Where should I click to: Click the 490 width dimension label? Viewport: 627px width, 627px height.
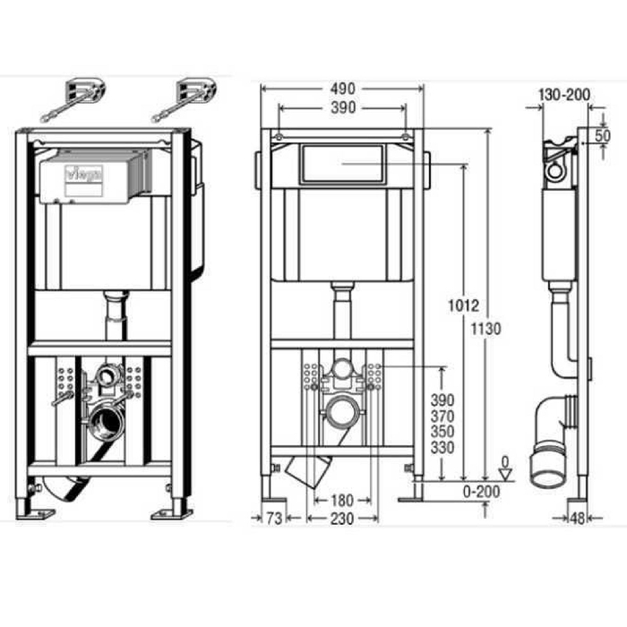tap(343, 89)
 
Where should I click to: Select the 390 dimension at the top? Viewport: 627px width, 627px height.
tap(343, 107)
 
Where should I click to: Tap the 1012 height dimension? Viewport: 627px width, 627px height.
tap(463, 306)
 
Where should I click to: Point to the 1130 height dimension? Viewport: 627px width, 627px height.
tap(485, 329)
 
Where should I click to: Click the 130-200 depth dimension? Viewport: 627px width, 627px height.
tap(564, 95)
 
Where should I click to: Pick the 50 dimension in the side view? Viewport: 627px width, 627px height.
tap(603, 135)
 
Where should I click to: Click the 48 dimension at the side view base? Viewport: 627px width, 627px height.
tap(577, 519)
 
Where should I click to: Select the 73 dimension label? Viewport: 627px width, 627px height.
tap(274, 519)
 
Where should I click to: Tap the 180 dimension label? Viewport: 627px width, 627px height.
tap(342, 500)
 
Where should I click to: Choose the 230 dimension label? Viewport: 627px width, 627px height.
tap(342, 519)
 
